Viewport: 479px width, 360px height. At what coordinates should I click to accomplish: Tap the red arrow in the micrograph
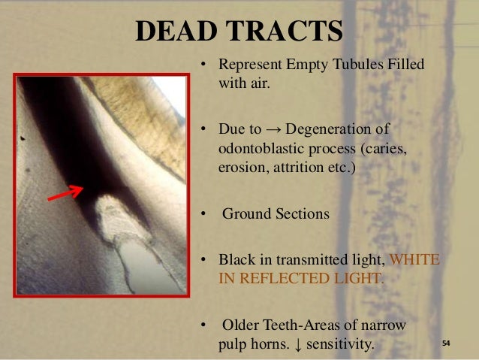pyautogui.click(x=65, y=193)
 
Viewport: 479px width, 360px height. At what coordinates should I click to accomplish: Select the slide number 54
pyautogui.click(x=445, y=343)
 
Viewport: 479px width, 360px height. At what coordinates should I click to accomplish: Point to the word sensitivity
pyautogui.click(x=341, y=344)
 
